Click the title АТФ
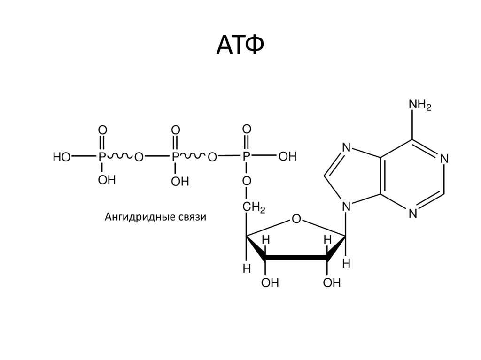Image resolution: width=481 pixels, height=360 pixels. pos(240,45)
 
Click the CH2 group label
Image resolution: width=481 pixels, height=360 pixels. pos(254,207)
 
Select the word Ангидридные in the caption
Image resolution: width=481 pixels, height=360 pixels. pos(133,217)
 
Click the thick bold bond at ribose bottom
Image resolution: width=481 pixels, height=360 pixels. pos(295,258)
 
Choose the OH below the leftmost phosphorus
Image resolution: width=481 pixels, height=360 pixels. pos(107,180)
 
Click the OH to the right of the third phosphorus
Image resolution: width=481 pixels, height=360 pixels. pos(287,157)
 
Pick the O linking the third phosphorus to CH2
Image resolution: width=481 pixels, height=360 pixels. pos(247,181)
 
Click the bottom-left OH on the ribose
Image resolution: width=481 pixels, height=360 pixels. pos(270,283)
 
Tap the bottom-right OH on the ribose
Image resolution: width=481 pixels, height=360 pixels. pos(332,283)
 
